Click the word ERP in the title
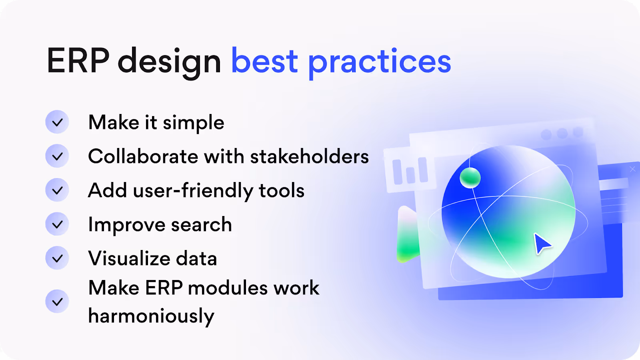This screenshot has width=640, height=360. [78, 60]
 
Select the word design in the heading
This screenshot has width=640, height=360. [169, 63]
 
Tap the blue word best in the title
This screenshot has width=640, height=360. [264, 60]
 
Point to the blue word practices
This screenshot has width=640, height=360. [380, 64]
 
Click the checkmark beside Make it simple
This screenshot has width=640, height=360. [57, 122]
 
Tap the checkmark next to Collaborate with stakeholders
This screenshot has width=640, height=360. [57, 156]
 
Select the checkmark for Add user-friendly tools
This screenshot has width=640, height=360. [57, 190]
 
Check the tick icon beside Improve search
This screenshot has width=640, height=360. [57, 224]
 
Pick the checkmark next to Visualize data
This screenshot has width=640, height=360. [57, 258]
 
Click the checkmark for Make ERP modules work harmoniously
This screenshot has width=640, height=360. [57, 302]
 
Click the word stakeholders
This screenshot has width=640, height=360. [310, 156]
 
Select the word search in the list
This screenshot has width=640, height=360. [202, 224]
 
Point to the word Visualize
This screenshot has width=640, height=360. [128, 258]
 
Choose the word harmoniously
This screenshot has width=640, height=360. [151, 317]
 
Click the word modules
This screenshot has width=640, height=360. [228, 288]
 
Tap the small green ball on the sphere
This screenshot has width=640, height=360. [470, 178]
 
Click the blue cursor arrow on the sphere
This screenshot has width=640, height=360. [542, 244]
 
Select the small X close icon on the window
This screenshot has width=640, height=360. [632, 169]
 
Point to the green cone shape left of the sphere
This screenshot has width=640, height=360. [408, 234]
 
